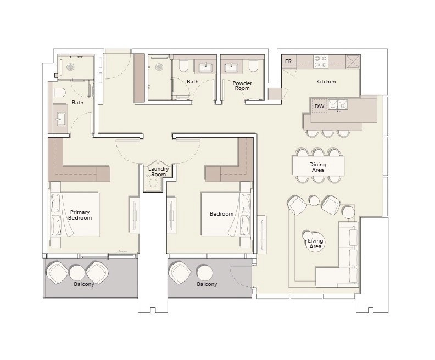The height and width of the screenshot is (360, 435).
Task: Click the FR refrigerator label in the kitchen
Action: (x=288, y=61)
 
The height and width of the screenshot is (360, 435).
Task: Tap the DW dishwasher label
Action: (x=319, y=106)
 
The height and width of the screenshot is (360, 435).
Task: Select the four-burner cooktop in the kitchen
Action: (x=321, y=62)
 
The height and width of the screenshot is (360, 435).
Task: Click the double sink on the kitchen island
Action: (x=338, y=104)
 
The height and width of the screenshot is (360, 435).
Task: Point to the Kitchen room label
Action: (x=326, y=81)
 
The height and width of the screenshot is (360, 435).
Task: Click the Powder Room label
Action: (x=242, y=86)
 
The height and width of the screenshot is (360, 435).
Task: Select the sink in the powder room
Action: (x=231, y=67)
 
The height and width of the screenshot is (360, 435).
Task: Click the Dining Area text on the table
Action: (x=318, y=167)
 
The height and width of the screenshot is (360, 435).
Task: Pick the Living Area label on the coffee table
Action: (x=315, y=243)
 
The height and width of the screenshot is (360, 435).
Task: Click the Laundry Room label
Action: (x=158, y=172)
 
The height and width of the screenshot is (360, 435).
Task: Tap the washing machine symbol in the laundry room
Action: (x=153, y=183)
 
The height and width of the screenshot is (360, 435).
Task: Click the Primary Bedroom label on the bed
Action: (x=80, y=215)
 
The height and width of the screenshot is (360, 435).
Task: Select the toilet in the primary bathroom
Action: (x=60, y=93)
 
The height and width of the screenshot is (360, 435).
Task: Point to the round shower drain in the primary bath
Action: (x=70, y=67)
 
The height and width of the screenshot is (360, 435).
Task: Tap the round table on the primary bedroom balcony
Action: (x=77, y=273)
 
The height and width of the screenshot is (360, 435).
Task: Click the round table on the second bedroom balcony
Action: (x=205, y=272)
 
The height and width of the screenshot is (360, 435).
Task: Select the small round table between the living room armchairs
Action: (x=314, y=200)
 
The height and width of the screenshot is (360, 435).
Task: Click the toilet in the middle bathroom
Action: (x=183, y=65)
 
